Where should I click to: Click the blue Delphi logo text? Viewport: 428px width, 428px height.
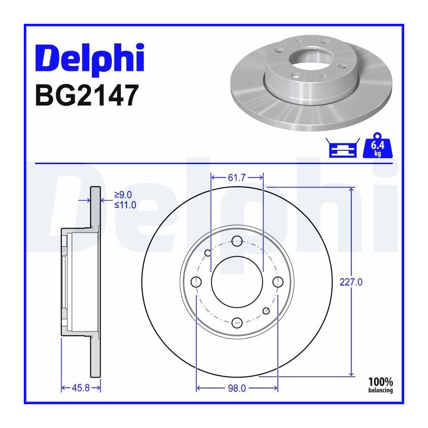point(89,59)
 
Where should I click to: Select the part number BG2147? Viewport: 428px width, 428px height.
point(87,95)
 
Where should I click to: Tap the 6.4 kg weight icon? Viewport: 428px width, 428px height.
point(377,146)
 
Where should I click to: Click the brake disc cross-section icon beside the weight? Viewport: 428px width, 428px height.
point(343,148)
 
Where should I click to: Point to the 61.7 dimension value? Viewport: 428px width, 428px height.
point(237,178)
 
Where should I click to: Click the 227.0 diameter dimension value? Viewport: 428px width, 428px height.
point(351,282)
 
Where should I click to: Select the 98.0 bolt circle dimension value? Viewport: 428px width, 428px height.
point(237,388)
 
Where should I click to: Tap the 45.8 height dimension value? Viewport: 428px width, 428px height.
point(80,388)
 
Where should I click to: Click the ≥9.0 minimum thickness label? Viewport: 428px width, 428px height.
point(123,195)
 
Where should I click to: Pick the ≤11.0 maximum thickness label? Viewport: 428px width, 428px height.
point(125,204)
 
